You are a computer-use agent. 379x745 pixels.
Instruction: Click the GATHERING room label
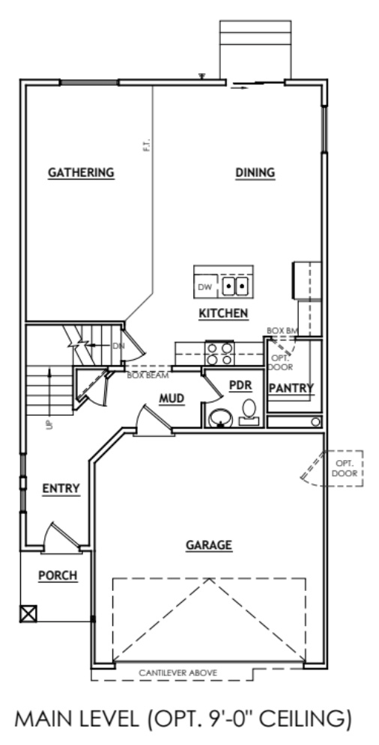[81, 172]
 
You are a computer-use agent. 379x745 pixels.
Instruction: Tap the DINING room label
[255, 172]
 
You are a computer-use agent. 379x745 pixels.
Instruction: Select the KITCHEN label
[223, 313]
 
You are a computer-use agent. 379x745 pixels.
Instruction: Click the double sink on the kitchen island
[237, 285]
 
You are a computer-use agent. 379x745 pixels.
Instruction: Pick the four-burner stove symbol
[219, 354]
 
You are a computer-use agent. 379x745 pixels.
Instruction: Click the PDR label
[239, 385]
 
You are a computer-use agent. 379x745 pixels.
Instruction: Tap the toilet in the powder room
[250, 410]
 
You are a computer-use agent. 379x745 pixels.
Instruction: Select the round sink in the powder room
[219, 417]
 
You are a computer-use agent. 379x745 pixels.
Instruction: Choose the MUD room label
[172, 399]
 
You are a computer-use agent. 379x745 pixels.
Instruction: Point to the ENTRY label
[61, 488]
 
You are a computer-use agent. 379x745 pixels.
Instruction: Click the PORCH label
[58, 575]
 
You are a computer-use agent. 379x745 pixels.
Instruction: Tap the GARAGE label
[209, 545]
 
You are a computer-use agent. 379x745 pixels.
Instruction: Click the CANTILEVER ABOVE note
[178, 673]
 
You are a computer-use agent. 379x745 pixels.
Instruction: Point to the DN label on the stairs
[117, 346]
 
